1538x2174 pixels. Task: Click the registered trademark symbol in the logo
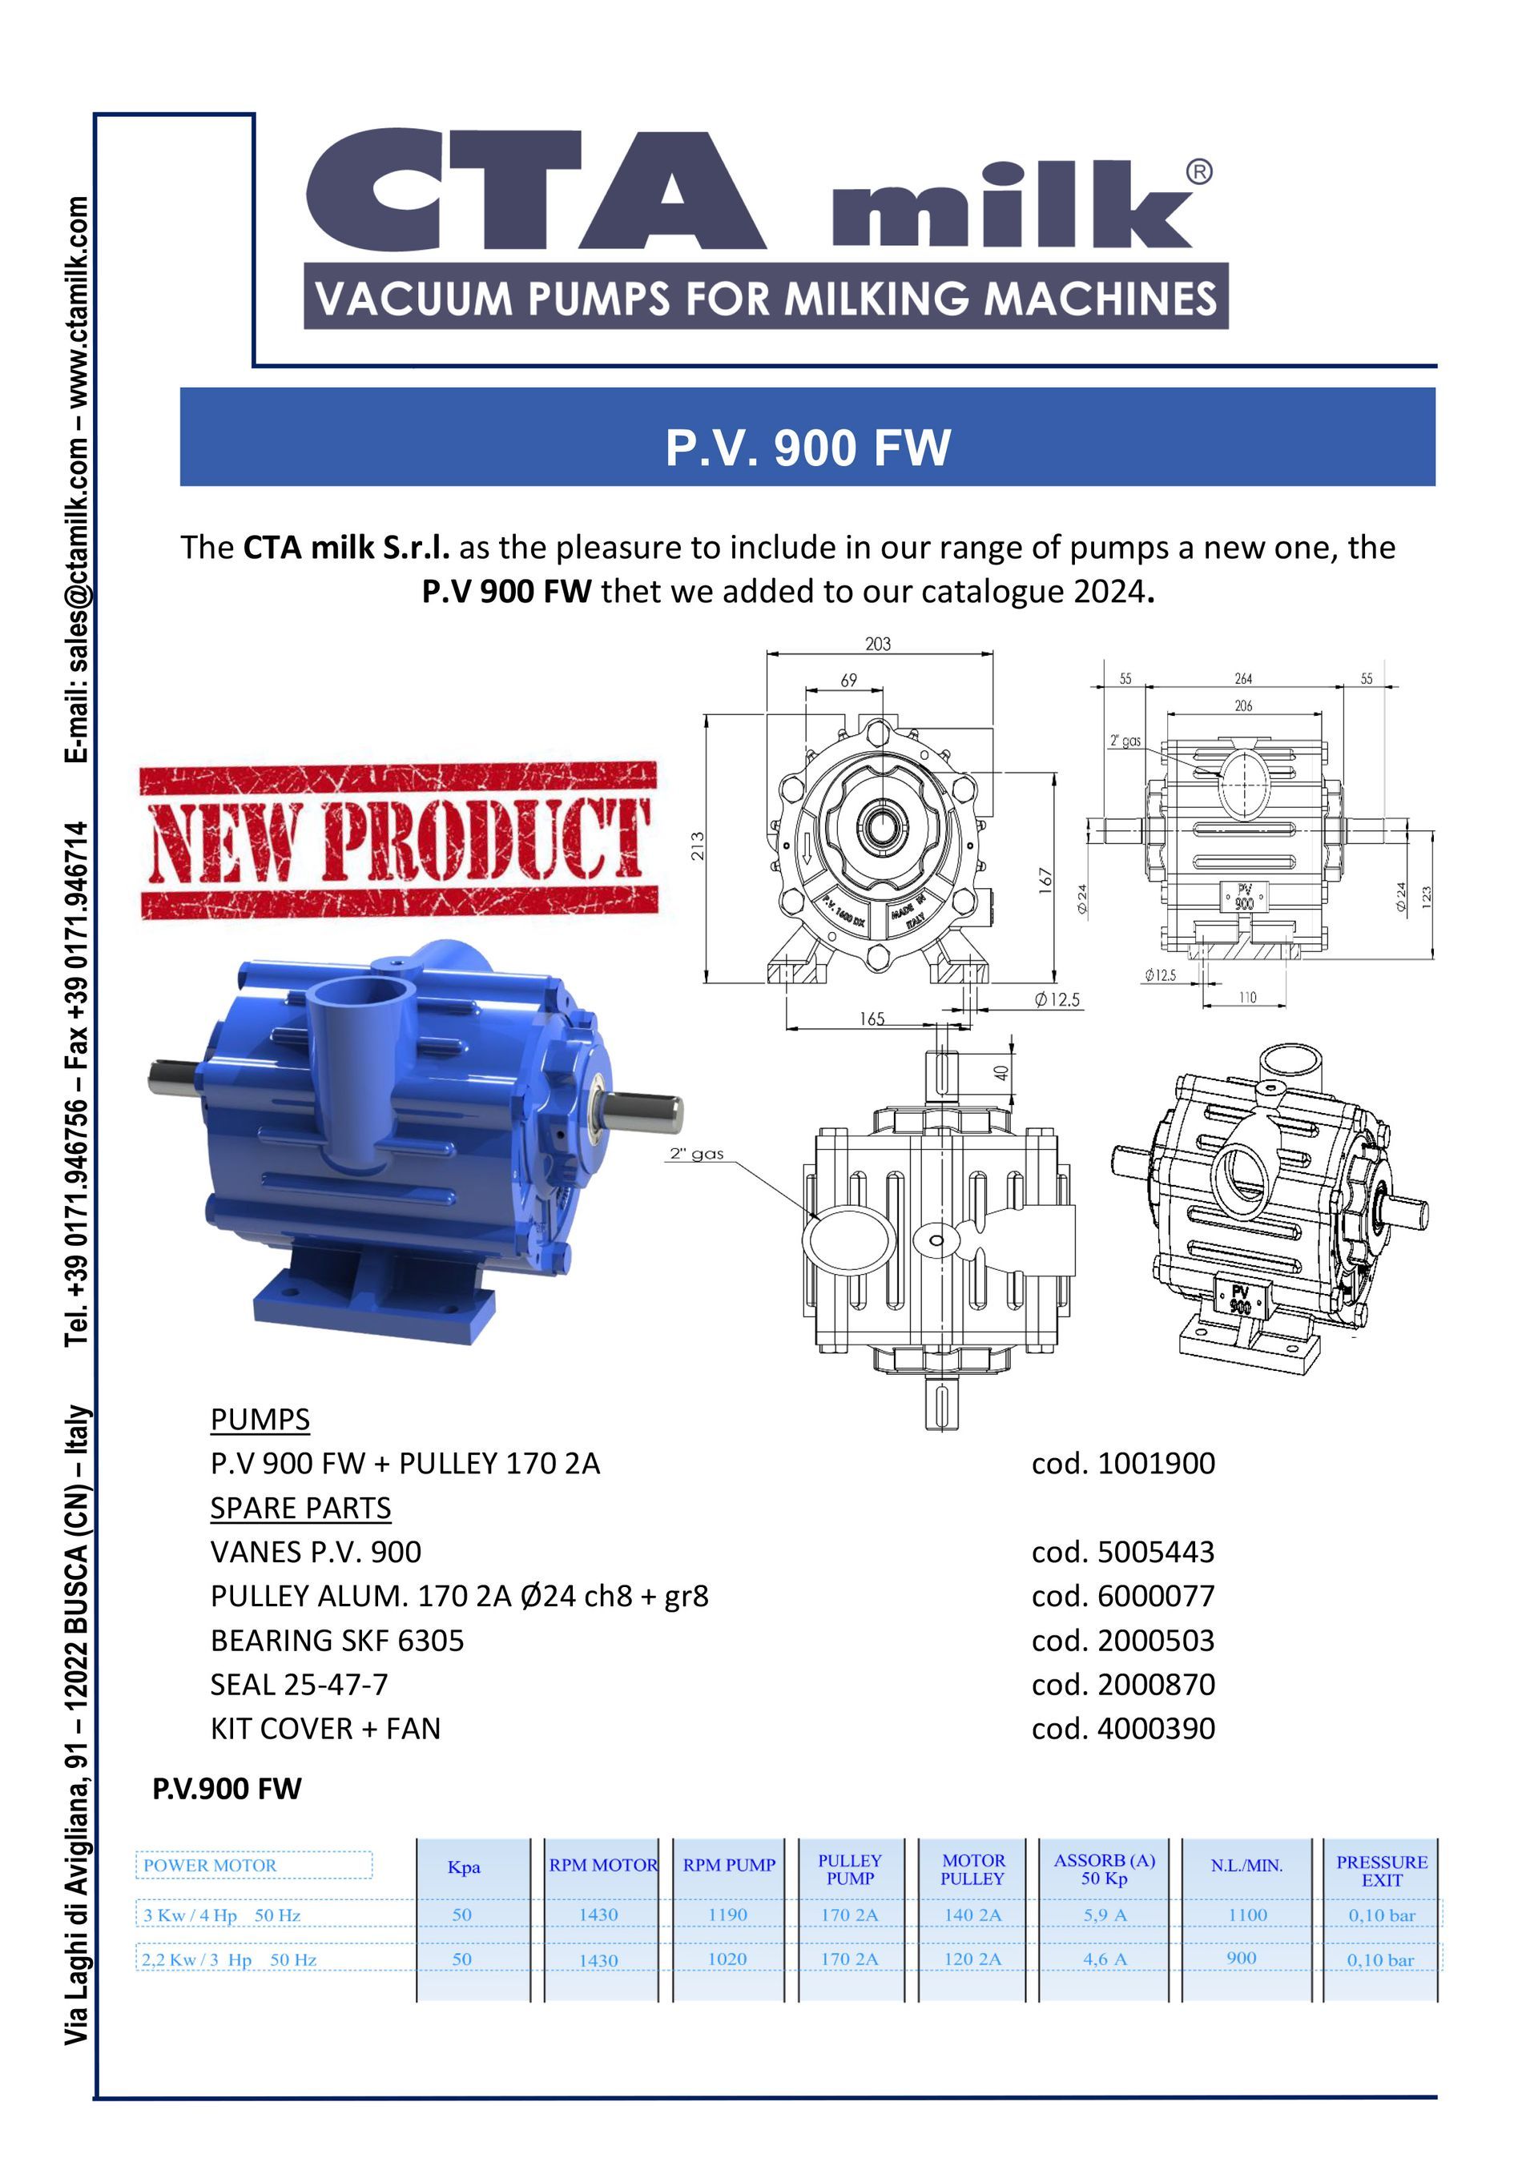pos(1198,172)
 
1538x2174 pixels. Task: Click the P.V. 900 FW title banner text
pos(807,448)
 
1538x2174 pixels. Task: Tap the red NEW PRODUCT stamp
pos(399,841)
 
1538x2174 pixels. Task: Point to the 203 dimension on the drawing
pos(878,644)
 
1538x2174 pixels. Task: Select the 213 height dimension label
pos(697,845)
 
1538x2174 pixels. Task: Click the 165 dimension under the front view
pos(872,1019)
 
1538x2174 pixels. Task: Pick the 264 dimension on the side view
pos(1243,679)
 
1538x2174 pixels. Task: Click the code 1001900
pos(1123,1463)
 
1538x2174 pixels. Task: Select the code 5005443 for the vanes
pos(1123,1551)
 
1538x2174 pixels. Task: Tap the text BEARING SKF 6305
pos(337,1640)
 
